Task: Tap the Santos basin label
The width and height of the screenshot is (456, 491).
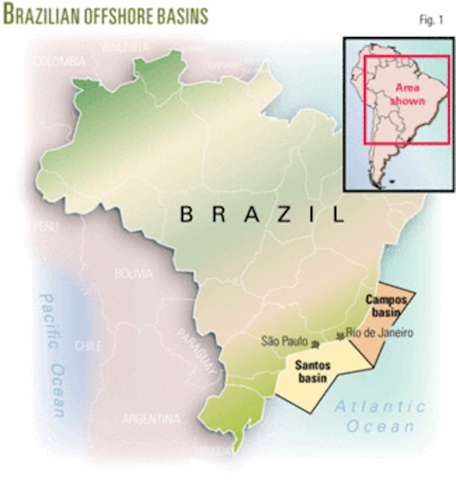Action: coord(313,371)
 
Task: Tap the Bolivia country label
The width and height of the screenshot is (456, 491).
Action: coord(133,273)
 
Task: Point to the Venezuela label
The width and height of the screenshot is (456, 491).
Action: coord(125,47)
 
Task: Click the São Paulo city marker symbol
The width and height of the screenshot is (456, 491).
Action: coord(313,345)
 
